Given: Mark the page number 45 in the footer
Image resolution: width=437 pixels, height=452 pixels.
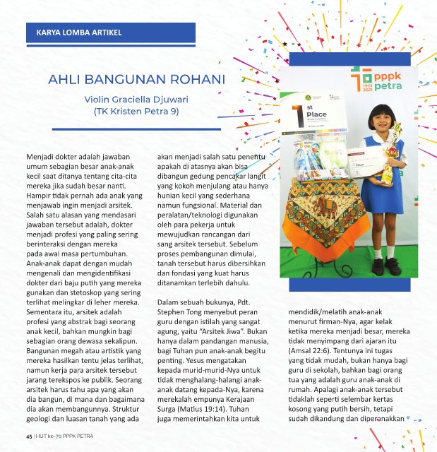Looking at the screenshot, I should coord(29,436).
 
